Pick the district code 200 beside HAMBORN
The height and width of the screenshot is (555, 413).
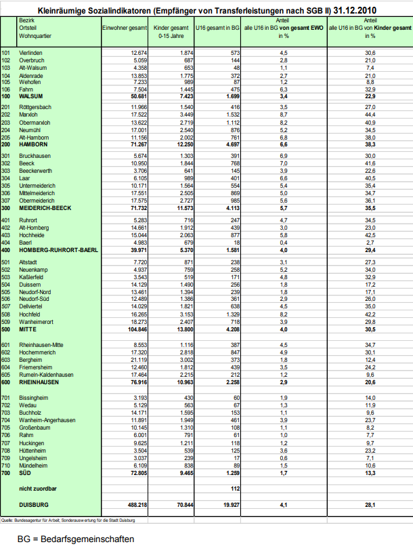[7, 145]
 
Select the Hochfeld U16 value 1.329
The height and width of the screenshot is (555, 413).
[232, 314]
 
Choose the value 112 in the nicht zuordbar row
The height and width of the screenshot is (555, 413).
[235, 488]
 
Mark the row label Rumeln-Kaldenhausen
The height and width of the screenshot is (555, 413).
[45, 375]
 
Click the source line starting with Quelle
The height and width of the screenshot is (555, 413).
[68, 519]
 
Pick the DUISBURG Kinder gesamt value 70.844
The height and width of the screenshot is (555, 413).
[184, 504]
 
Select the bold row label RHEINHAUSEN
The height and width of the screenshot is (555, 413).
[39, 382]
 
